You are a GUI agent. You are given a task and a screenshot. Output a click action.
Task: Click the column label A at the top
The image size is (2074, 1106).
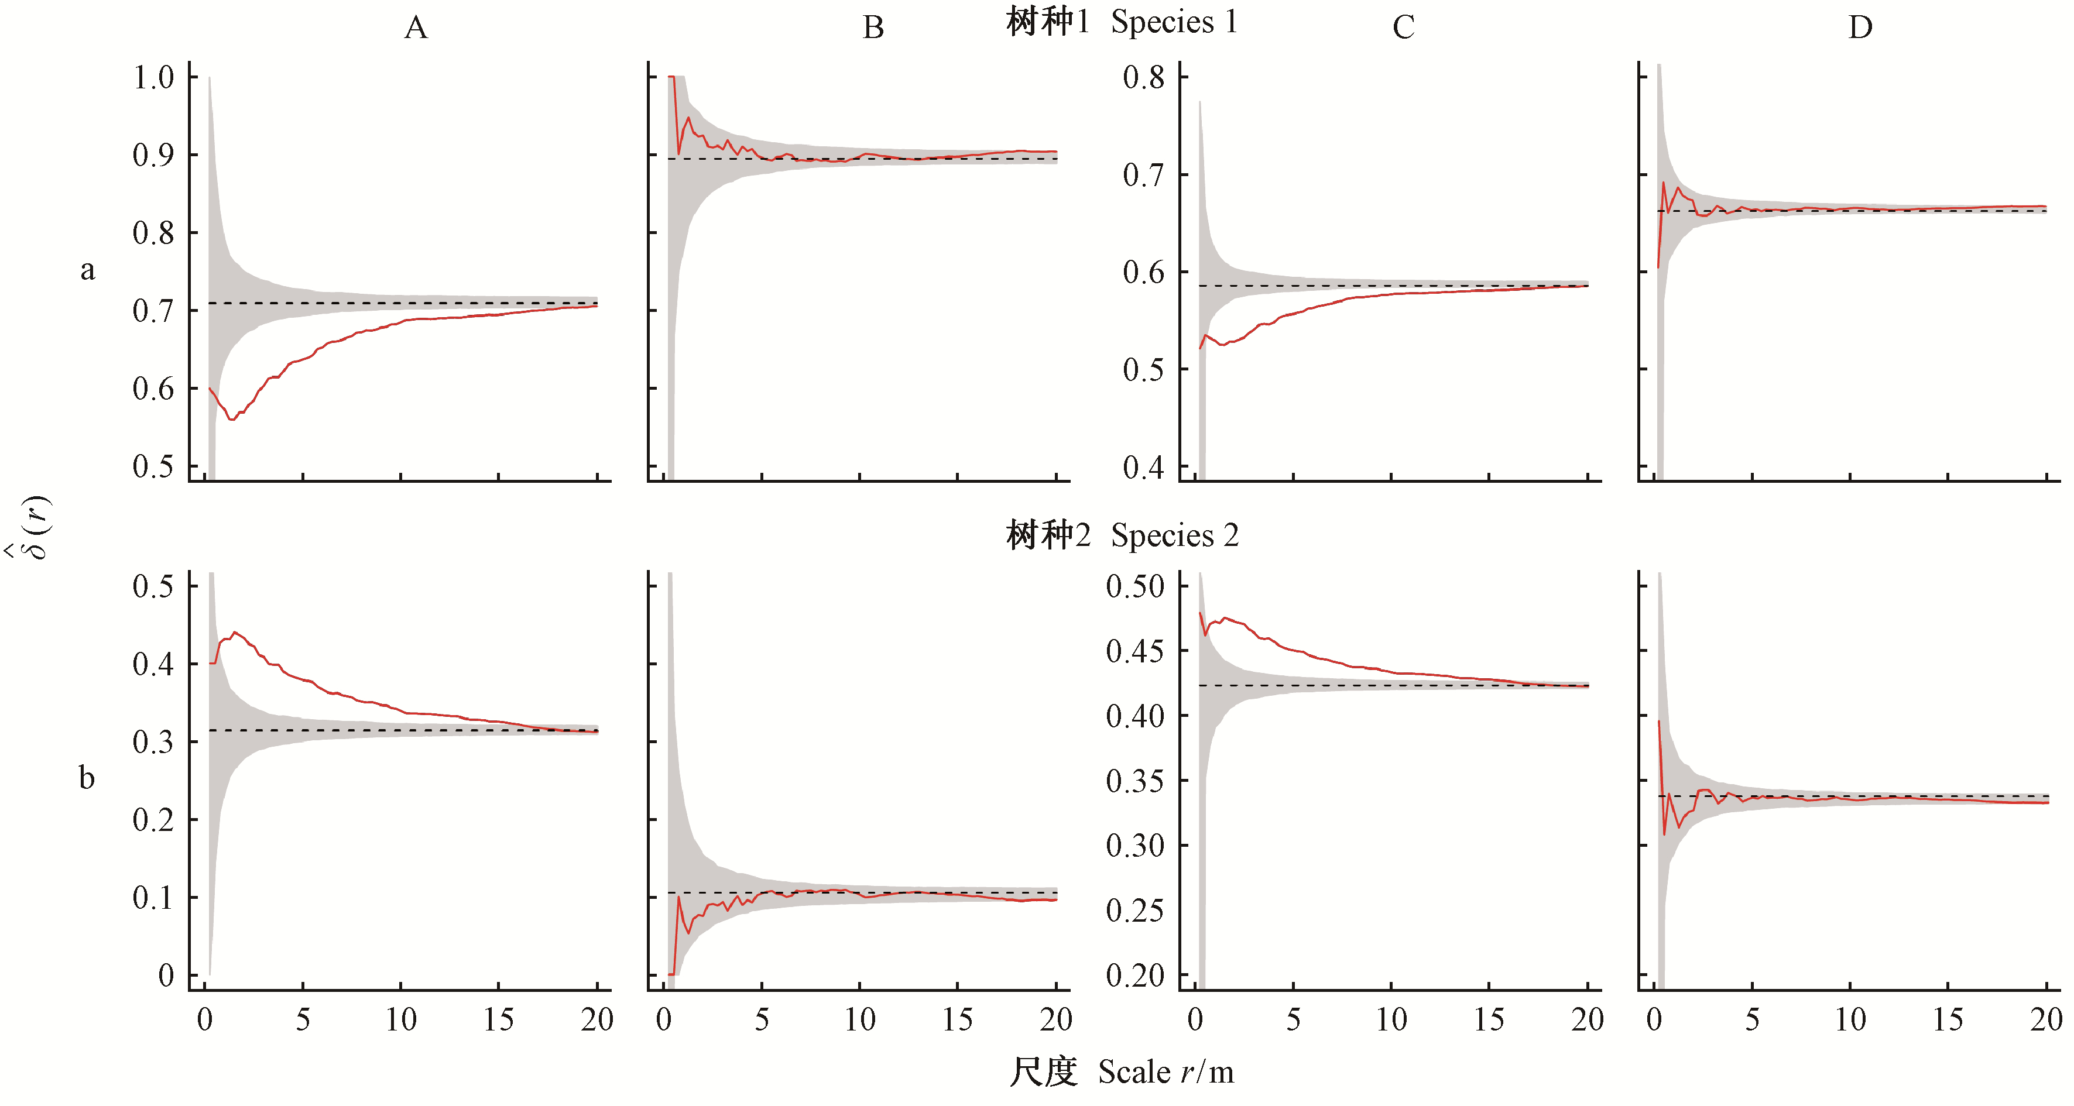point(416,28)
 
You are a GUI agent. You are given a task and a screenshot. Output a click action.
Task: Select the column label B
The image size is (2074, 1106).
point(873,28)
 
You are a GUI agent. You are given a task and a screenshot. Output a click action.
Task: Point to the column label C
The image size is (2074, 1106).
point(1403,28)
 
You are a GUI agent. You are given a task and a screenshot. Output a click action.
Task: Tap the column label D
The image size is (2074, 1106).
point(1860,28)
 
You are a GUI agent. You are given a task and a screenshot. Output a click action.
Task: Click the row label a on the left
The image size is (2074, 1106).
point(88,270)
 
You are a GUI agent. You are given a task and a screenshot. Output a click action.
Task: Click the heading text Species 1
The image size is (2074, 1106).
point(1174,22)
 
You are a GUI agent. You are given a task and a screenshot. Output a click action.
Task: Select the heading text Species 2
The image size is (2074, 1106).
point(1175,535)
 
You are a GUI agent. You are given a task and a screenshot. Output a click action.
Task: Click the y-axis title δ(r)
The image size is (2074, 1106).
point(32,527)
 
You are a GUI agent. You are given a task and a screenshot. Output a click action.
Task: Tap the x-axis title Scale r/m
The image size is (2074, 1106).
point(1166,1072)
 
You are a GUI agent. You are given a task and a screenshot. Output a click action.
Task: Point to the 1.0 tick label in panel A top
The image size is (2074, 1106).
point(154,78)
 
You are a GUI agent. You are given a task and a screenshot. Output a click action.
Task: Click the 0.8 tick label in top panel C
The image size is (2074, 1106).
point(1144,78)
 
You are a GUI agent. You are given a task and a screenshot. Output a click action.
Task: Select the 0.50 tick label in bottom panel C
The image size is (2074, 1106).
point(1135,586)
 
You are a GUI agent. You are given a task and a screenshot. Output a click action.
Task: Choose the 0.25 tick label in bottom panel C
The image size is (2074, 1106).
point(1135,911)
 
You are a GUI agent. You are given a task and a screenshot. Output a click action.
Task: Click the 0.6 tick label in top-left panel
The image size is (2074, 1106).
point(154,389)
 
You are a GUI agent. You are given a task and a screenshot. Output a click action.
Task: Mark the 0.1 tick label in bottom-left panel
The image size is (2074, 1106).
point(154,898)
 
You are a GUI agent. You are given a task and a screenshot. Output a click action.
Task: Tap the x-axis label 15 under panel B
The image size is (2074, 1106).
point(957,1020)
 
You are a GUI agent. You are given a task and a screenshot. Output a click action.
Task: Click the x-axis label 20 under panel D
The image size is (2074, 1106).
point(2046,1020)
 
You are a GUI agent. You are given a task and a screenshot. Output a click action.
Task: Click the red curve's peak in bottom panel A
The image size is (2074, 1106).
point(234,633)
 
